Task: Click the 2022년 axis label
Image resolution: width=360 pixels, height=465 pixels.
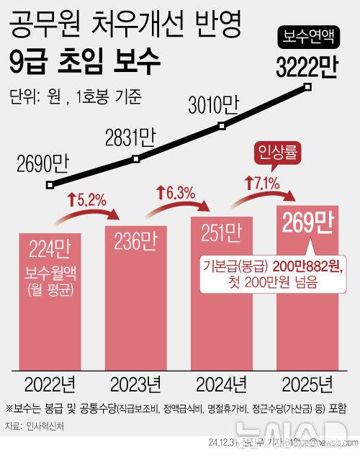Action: (53, 381)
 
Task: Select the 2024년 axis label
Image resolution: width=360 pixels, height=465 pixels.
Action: (221, 381)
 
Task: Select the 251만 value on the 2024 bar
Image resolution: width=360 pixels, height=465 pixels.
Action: (221, 232)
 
